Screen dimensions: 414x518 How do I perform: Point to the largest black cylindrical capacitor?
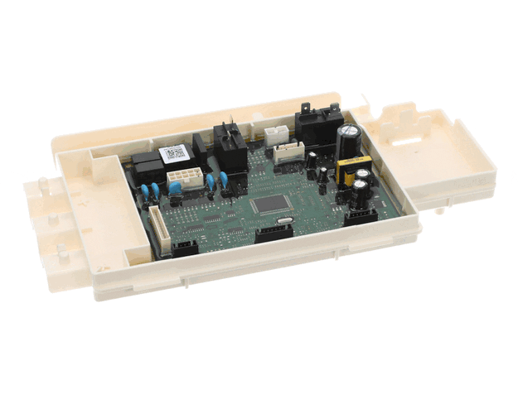[x=349, y=137]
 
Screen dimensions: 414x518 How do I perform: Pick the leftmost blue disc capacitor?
[x=147, y=193]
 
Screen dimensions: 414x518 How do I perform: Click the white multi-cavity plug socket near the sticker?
[x=179, y=177]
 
